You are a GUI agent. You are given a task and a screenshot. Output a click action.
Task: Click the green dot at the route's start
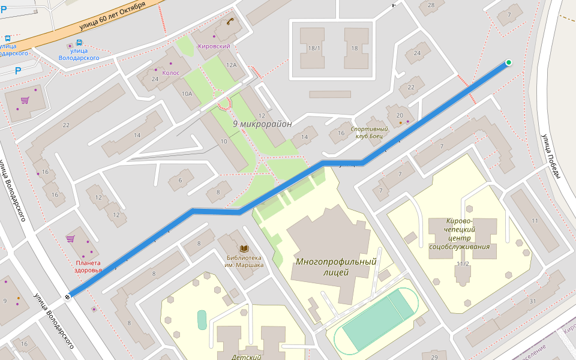point(509,62)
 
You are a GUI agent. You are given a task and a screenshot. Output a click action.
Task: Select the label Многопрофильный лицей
point(335,266)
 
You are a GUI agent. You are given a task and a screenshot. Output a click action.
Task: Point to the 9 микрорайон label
point(262,124)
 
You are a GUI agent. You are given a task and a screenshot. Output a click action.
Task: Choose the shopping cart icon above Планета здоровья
point(70,239)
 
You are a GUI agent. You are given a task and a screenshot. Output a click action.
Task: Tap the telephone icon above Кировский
point(229,22)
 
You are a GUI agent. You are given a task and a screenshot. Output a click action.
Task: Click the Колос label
point(170,73)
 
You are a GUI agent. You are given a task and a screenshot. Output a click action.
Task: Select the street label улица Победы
point(551,156)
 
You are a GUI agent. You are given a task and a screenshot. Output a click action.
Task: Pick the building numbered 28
point(431,5)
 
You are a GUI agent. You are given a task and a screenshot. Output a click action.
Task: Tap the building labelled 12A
point(231,64)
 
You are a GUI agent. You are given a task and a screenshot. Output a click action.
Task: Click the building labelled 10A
point(187,94)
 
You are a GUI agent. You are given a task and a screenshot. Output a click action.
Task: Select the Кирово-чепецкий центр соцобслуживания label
point(460,233)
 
